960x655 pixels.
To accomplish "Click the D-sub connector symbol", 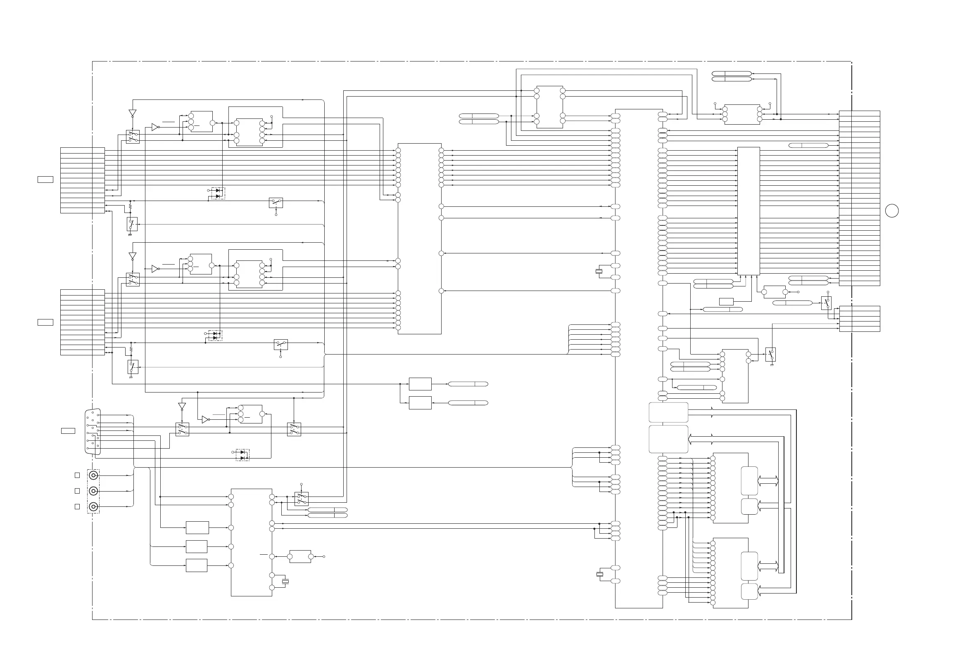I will click(x=93, y=431).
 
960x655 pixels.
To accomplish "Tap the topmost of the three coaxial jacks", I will click(x=94, y=475).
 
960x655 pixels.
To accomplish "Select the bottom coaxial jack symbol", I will click(x=94, y=507).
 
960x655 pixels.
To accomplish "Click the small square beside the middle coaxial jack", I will click(x=77, y=491).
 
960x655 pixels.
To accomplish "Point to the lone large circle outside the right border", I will click(x=892, y=210).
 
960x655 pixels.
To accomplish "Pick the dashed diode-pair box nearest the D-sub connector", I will click(x=242, y=455).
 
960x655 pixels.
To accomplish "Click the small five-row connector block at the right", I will click(x=859, y=319).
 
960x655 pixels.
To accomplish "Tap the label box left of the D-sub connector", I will click(x=68, y=431).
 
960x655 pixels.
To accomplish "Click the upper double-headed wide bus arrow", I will click(x=768, y=481).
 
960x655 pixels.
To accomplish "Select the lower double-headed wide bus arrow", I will click(x=768, y=566).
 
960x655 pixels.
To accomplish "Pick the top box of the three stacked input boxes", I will click(x=197, y=527).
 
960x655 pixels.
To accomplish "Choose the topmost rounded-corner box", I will click(x=668, y=412).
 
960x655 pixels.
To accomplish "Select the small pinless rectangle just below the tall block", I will click(x=726, y=301).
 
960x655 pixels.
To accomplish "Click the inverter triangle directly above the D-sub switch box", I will click(x=182, y=407).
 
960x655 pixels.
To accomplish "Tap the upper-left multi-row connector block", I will click(x=83, y=180).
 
